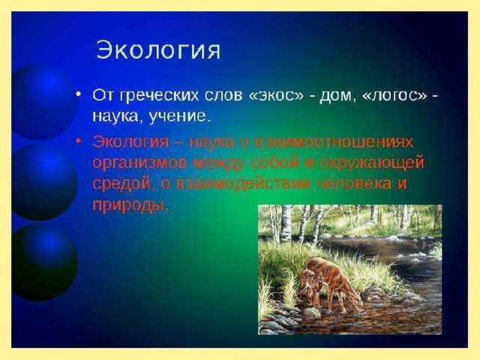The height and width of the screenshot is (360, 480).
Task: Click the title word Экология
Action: click(x=158, y=50)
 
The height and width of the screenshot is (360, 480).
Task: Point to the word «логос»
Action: click(x=394, y=96)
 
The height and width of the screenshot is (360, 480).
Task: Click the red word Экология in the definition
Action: click(x=130, y=142)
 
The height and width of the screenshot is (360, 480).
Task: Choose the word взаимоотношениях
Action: click(x=334, y=142)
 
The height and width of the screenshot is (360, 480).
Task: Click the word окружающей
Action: click(x=372, y=163)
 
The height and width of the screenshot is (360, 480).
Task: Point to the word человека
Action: click(x=352, y=183)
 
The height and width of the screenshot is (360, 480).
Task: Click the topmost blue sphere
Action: click(x=44, y=101)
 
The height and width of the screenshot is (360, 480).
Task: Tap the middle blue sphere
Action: click(x=44, y=182)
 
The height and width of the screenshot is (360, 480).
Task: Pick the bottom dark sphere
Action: click(x=44, y=262)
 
